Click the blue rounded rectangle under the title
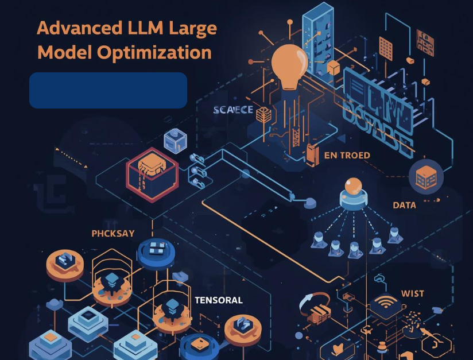pyautogui.click(x=108, y=90)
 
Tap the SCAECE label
pyautogui.click(x=232, y=110)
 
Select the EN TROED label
pyautogui.click(x=347, y=155)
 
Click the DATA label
pyautogui.click(x=404, y=205)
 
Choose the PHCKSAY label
pyautogui.click(x=113, y=234)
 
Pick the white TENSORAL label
pyautogui.click(x=218, y=300)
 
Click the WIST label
pyautogui.click(x=412, y=293)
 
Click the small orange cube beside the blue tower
pyautogui.click(x=333, y=69)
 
